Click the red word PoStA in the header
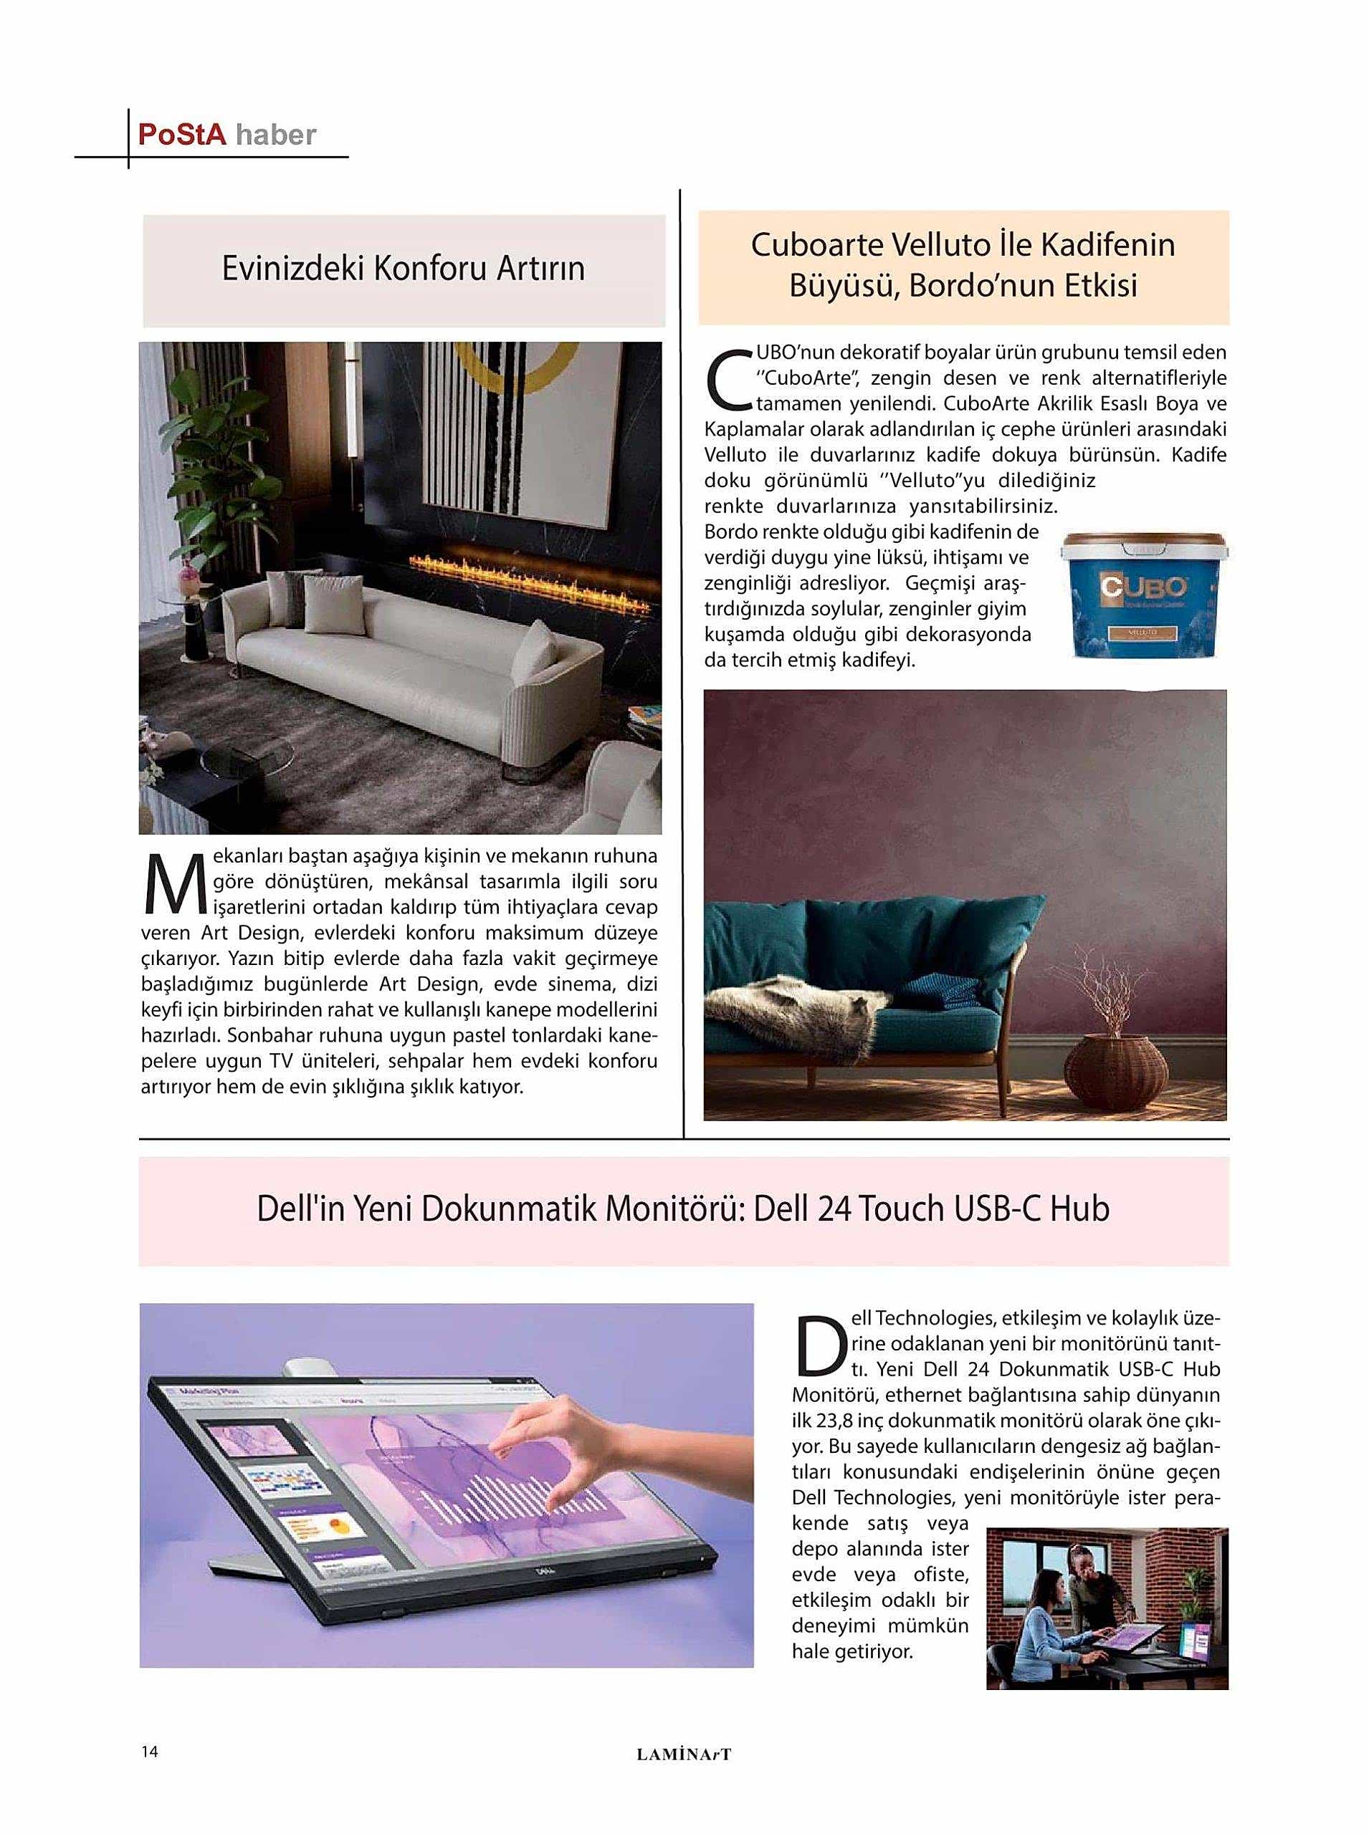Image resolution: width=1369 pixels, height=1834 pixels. pyautogui.click(x=181, y=134)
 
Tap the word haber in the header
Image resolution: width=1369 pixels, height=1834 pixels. pyautogui.click(x=275, y=135)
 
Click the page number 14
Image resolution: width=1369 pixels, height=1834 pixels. pyautogui.click(x=149, y=1751)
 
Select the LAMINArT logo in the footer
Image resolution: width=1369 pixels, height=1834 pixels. pyautogui.click(x=684, y=1754)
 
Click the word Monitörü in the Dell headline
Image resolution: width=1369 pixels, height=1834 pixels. pyautogui.click(x=675, y=1209)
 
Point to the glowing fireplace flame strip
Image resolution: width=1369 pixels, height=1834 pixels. pyautogui.click(x=530, y=571)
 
